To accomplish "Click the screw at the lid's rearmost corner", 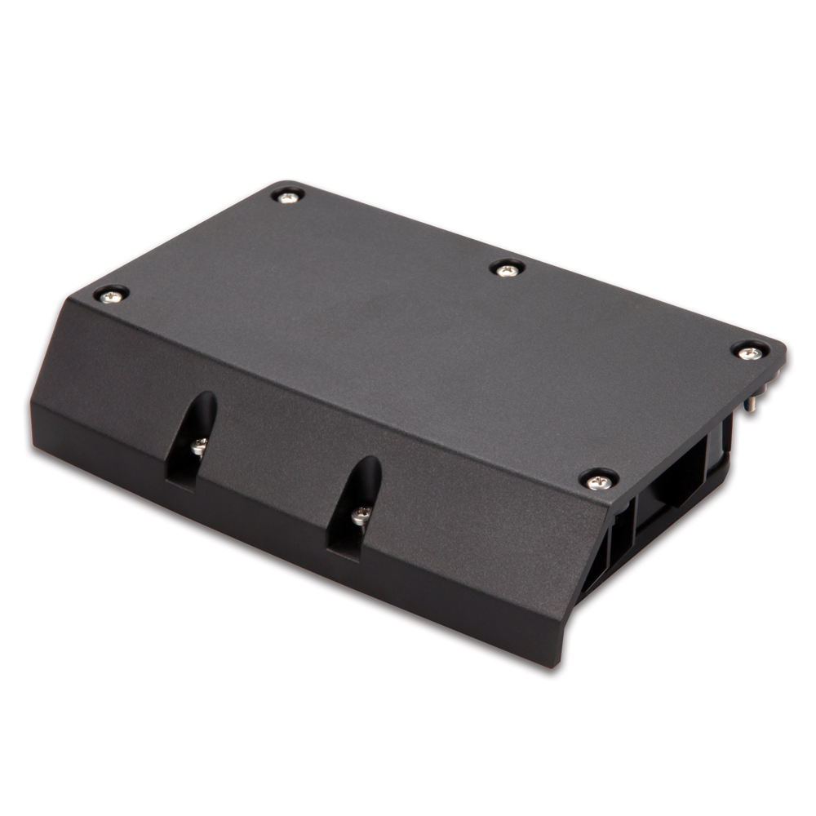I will tap(287, 197).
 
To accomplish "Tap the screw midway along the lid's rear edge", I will tap(508, 269).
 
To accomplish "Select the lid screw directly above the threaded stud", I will tap(749, 353).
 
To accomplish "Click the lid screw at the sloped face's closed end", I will tap(111, 296).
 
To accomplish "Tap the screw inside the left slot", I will tap(199, 446).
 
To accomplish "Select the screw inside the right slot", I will tap(361, 515).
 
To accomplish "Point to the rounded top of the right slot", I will tap(370, 466).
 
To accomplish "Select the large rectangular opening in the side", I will tap(673, 482).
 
